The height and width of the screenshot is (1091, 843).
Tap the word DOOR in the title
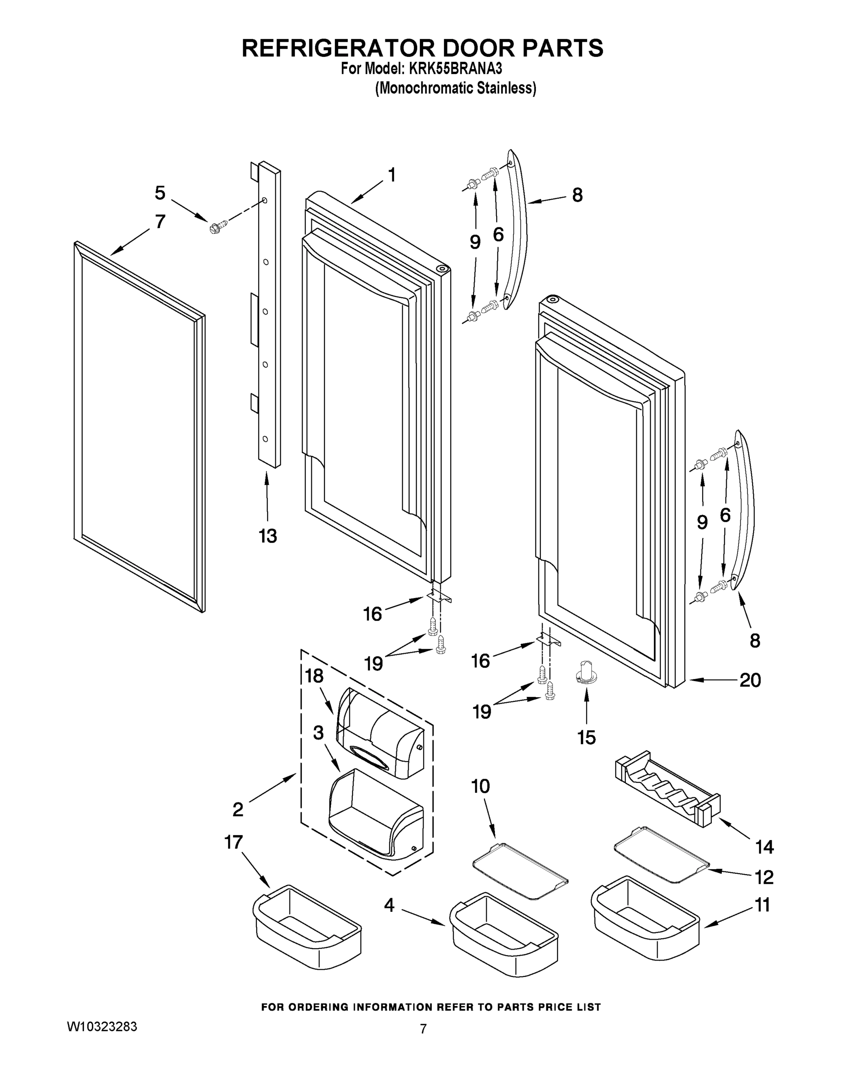pos(465,48)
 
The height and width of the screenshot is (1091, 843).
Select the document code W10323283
pos(102,1026)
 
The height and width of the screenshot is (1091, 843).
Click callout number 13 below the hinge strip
pos(268,536)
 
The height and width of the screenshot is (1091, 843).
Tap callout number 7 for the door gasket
pos(160,221)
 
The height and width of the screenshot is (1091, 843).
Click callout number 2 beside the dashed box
pos(238,809)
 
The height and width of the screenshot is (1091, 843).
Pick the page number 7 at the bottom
pos(423,1029)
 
